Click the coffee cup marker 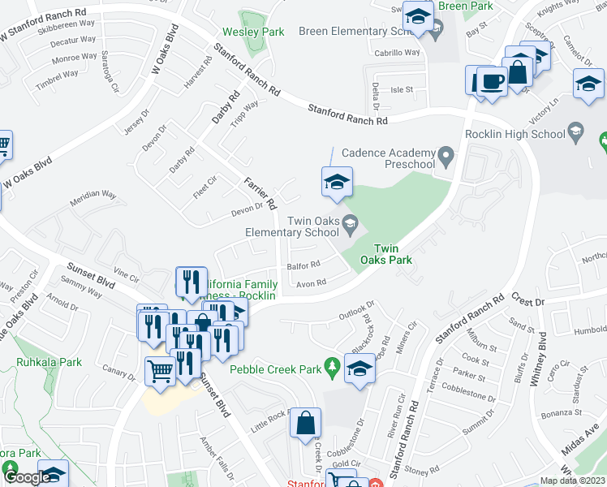[491, 81]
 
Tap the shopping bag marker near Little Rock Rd [305, 423]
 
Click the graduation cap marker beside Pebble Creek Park [360, 368]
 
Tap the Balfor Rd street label [303, 264]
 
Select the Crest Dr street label [528, 302]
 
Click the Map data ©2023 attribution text [573, 480]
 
